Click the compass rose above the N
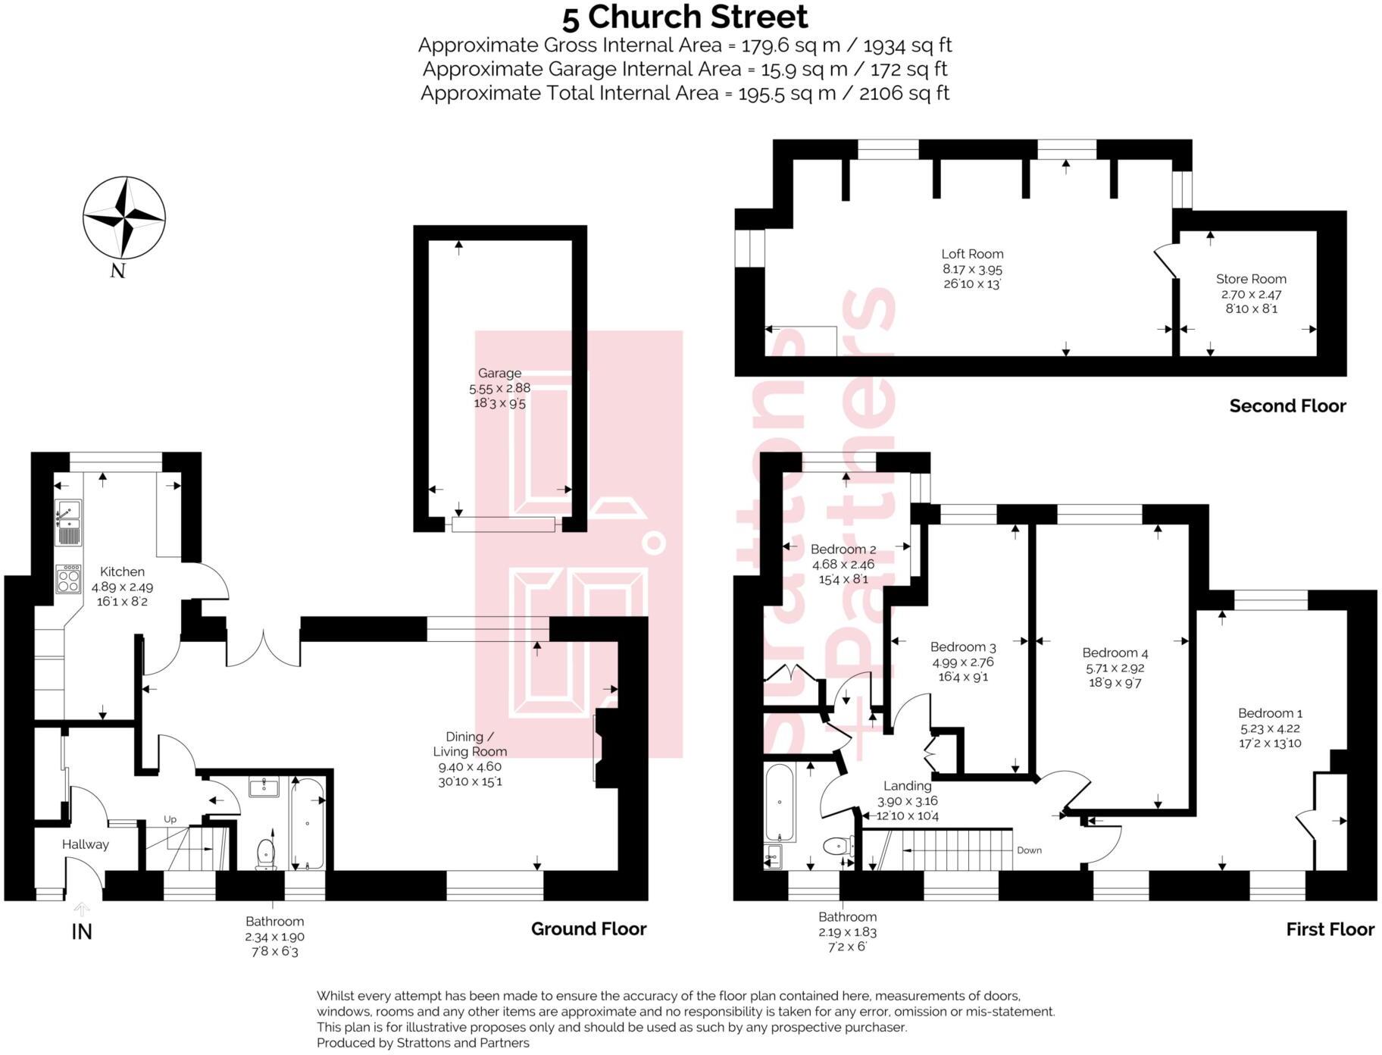(x=124, y=218)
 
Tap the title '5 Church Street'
(x=684, y=17)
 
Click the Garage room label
(x=499, y=373)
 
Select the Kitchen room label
(x=122, y=571)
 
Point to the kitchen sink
(x=69, y=522)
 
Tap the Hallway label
(x=85, y=844)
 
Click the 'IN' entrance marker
(x=81, y=931)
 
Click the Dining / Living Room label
(x=469, y=744)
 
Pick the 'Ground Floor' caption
(x=588, y=929)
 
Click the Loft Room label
(x=972, y=254)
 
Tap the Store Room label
(x=1251, y=279)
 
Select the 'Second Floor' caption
(x=1287, y=406)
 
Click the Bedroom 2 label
(x=843, y=549)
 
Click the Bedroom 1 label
(x=1270, y=713)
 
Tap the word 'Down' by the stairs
(x=1029, y=850)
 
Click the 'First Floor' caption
(x=1330, y=929)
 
